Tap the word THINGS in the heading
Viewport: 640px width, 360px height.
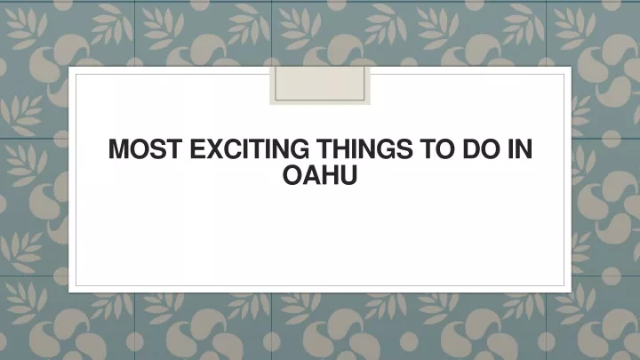click(x=365, y=149)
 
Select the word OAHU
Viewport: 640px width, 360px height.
click(x=320, y=175)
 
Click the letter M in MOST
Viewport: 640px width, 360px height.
click(x=118, y=149)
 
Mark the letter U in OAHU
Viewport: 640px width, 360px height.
click(x=348, y=175)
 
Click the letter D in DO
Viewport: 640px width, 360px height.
click(x=471, y=149)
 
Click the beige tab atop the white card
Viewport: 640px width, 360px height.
click(x=320, y=85)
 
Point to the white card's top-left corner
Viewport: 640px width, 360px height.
click(x=68, y=67)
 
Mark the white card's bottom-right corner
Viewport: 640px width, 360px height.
click(x=572, y=292)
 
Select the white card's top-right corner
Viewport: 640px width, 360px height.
click(x=572, y=67)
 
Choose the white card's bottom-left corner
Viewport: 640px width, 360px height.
click(x=68, y=292)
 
